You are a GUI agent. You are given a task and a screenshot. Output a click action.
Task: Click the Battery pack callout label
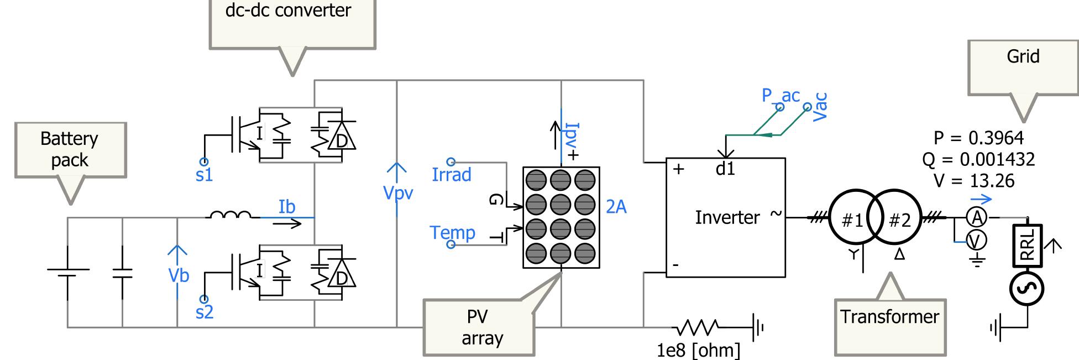[x=70, y=149]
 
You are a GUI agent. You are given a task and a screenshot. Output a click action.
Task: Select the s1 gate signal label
[x=204, y=175]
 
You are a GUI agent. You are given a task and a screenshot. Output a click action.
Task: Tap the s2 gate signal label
[x=204, y=312]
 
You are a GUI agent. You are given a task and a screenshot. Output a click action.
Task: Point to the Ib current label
[x=286, y=207]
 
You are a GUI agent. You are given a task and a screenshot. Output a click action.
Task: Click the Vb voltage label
[x=179, y=275]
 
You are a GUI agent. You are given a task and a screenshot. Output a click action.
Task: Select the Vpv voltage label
[x=398, y=193]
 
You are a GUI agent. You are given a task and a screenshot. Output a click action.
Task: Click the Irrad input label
[x=452, y=175]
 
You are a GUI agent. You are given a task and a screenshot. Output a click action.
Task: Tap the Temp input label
[x=452, y=232]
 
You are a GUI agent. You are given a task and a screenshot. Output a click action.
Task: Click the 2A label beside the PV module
[x=616, y=207]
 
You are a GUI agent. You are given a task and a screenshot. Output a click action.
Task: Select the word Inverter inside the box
[x=727, y=218]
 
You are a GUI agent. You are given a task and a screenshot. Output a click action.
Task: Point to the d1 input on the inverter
[x=725, y=169]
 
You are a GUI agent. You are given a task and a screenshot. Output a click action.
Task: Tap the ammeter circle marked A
[x=977, y=218]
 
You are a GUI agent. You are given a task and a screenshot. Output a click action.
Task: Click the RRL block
[x=1027, y=245]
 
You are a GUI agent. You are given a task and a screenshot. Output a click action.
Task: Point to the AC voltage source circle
[x=1027, y=289]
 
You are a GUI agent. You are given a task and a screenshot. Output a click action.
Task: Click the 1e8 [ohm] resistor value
[x=698, y=350]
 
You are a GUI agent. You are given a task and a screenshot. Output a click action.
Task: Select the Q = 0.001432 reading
[x=978, y=160]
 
